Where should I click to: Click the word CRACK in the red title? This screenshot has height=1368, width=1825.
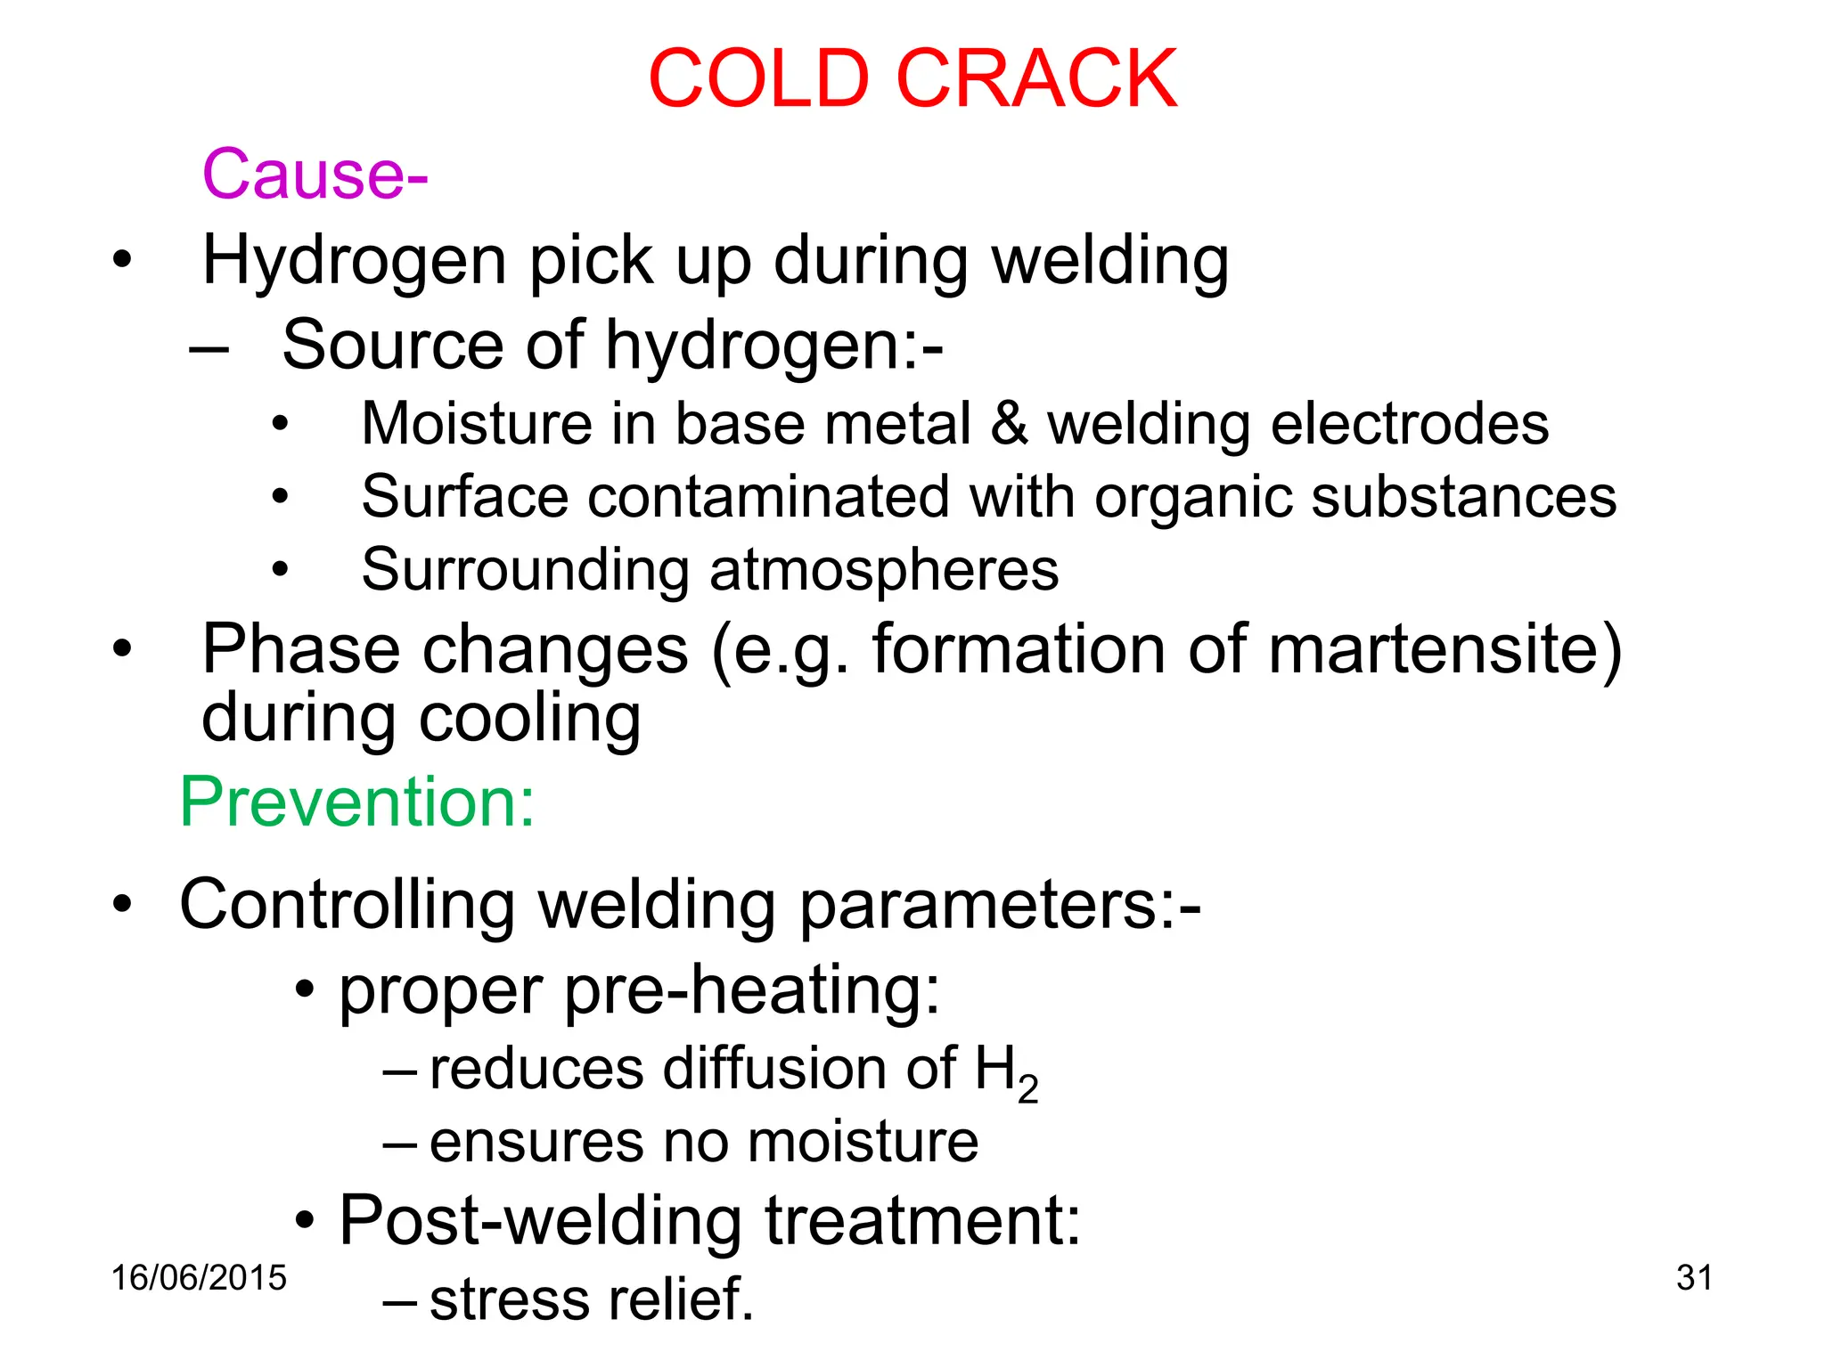click(x=1036, y=79)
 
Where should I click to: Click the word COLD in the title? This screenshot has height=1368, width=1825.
click(x=758, y=79)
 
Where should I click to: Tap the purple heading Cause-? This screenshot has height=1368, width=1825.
click(x=315, y=174)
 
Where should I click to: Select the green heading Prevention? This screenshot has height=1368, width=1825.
click(x=357, y=802)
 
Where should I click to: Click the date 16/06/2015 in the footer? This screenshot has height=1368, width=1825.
click(x=199, y=1278)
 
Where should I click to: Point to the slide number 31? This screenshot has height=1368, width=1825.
click(x=1694, y=1278)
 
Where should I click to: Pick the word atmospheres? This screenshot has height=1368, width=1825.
click(x=885, y=570)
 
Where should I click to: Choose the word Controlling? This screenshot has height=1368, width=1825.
click(x=348, y=905)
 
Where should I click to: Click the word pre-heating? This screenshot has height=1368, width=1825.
click(x=752, y=990)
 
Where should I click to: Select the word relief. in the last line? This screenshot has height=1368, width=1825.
click(x=679, y=1299)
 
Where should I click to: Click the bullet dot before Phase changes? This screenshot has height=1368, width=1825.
click(x=122, y=649)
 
